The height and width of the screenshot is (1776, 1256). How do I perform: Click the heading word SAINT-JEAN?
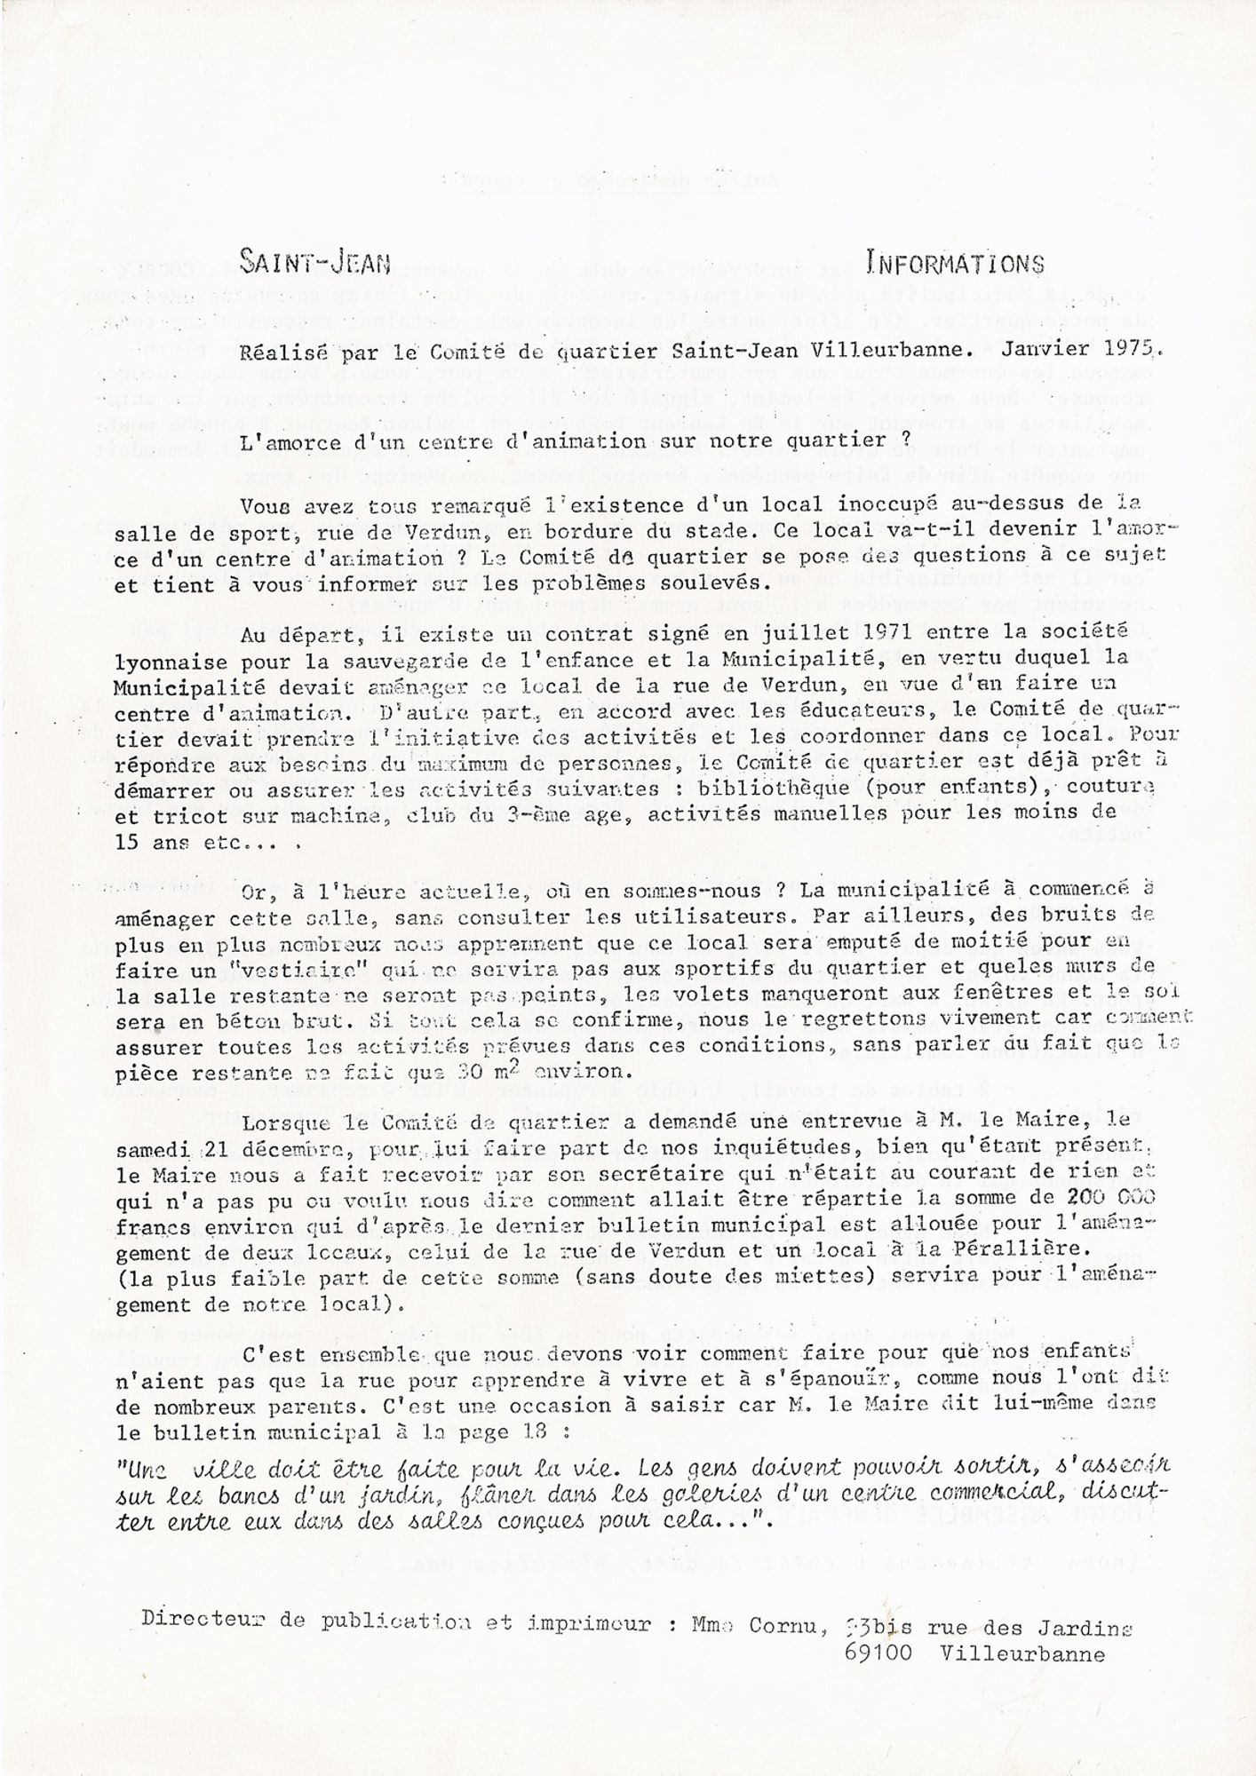[x=315, y=262]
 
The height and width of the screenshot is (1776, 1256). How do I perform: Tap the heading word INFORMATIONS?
[x=955, y=264]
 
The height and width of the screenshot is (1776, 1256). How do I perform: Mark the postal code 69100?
[x=882, y=1653]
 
